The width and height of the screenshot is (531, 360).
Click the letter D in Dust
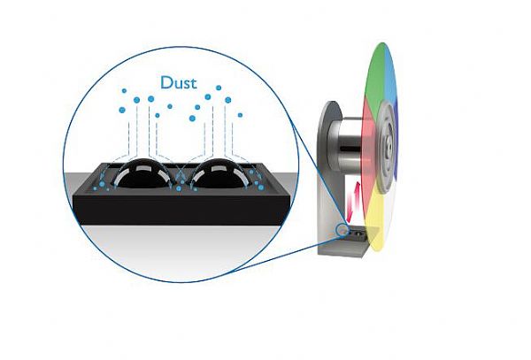point(165,82)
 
